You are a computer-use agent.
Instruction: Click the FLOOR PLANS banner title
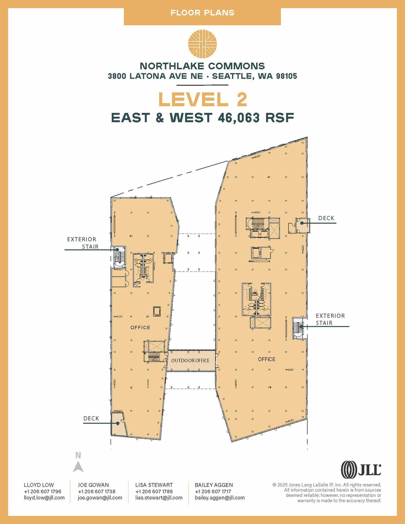click(x=202, y=13)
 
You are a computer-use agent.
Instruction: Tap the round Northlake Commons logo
click(x=202, y=44)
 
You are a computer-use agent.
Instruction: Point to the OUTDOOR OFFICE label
click(x=190, y=361)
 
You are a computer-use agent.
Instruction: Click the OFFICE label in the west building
click(x=140, y=327)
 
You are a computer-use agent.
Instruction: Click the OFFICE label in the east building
click(x=267, y=359)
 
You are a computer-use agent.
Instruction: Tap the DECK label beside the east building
click(x=326, y=218)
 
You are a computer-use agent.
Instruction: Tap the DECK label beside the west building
click(x=91, y=418)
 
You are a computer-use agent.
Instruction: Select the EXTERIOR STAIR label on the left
click(x=83, y=243)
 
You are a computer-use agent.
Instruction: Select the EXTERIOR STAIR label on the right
click(x=330, y=319)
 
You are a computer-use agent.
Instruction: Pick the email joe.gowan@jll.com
click(x=100, y=498)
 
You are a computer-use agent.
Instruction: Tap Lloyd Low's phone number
click(x=42, y=491)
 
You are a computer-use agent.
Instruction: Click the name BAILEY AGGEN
click(x=214, y=485)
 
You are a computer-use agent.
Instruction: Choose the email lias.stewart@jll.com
click(x=159, y=498)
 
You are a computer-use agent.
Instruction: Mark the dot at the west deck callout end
click(x=118, y=423)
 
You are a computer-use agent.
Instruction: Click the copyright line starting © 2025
click(x=327, y=485)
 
